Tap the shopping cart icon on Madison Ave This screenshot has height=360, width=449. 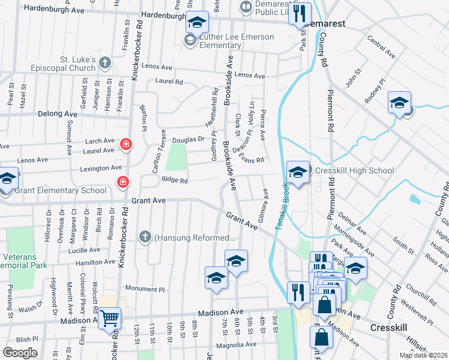[x=109, y=318]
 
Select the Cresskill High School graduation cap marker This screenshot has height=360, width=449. [x=297, y=172]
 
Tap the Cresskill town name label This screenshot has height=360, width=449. [x=390, y=328]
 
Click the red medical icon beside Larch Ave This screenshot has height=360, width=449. [x=125, y=143]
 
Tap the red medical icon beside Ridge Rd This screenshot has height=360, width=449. [x=122, y=181]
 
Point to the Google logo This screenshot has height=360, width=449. [x=20, y=353]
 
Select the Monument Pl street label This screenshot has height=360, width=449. [x=144, y=289]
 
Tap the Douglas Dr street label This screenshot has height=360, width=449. [x=189, y=139]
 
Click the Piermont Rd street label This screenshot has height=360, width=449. [x=330, y=112]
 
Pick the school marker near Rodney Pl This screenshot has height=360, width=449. [x=399, y=102]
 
